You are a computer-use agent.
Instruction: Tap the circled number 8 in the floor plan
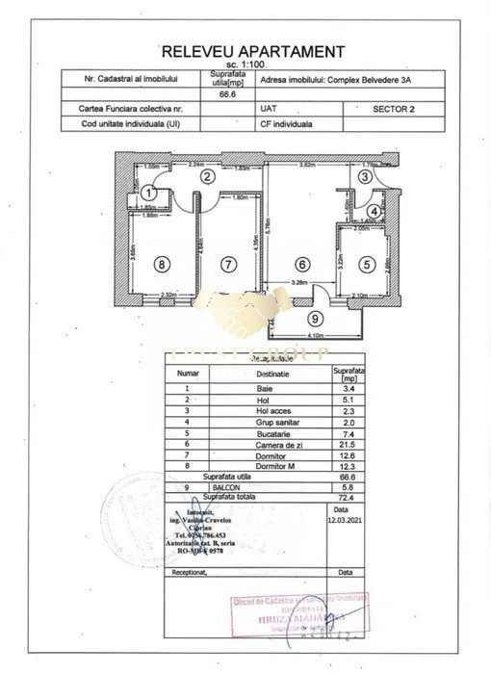coord(162,263)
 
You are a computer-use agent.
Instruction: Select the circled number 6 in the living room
coord(301,263)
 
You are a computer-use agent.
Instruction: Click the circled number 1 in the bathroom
coord(148,194)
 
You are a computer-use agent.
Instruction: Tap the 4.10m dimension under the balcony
coord(315,335)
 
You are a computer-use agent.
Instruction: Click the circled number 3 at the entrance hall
coord(365,176)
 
